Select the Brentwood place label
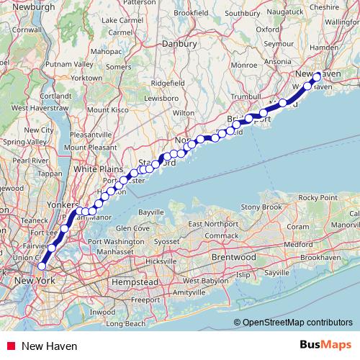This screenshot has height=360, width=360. [233, 256]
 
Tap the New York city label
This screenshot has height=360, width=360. [35, 280]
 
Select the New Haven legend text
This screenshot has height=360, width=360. [50, 346]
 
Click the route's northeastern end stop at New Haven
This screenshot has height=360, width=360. [317, 76]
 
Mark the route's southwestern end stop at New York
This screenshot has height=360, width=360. [42, 266]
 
